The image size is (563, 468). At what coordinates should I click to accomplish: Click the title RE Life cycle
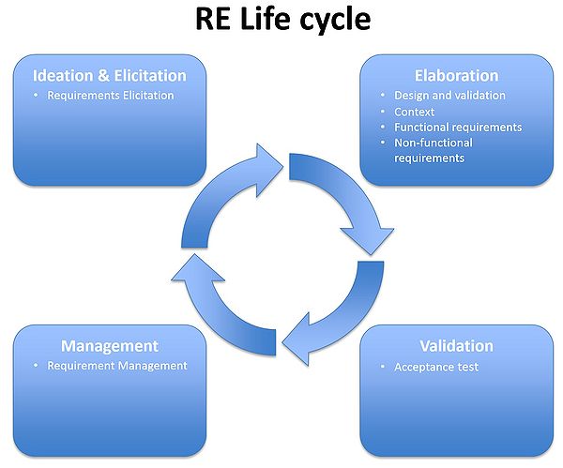click(x=282, y=20)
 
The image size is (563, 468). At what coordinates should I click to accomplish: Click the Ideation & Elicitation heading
click(x=109, y=75)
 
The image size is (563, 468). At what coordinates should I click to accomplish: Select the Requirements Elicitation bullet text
click(x=111, y=95)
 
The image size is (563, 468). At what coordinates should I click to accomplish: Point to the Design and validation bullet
click(x=449, y=95)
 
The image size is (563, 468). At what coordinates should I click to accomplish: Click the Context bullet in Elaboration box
click(x=414, y=112)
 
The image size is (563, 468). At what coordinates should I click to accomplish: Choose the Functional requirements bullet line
click(x=458, y=127)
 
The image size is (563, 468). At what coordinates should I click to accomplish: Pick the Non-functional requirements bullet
click(x=433, y=150)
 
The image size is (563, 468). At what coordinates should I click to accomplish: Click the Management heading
click(x=109, y=346)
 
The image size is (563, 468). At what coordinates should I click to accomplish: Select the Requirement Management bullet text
click(x=117, y=366)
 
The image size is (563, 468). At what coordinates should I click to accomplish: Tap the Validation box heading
click(x=455, y=346)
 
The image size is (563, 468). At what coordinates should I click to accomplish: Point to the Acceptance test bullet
click(x=435, y=367)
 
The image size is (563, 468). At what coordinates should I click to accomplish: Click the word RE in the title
click(x=213, y=20)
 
